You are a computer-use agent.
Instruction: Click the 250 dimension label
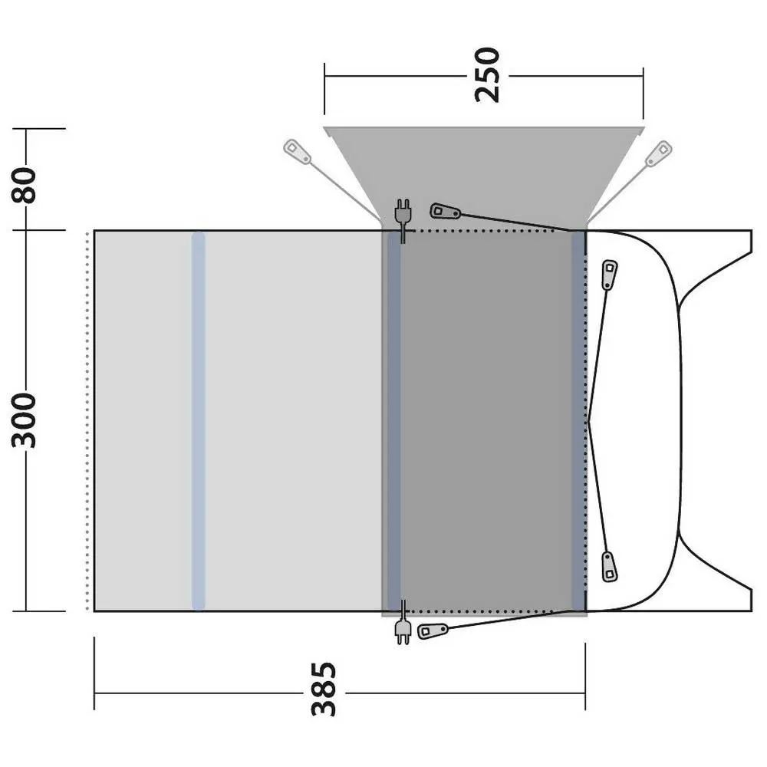pyautogui.click(x=488, y=75)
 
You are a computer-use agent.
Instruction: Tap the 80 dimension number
pyautogui.click(x=25, y=186)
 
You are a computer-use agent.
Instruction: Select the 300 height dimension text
pyautogui.click(x=25, y=420)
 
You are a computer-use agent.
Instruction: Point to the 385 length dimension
pyautogui.click(x=324, y=690)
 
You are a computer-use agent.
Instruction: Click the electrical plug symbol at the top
pyautogui.click(x=403, y=220)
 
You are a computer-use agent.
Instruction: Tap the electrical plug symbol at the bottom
pyautogui.click(x=403, y=622)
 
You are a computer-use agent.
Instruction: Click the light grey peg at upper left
pyautogui.click(x=297, y=152)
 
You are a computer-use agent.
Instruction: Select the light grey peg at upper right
pyautogui.click(x=658, y=153)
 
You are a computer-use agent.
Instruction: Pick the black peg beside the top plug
pyautogui.click(x=445, y=212)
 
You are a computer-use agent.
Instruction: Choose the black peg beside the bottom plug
pyautogui.click(x=433, y=631)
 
